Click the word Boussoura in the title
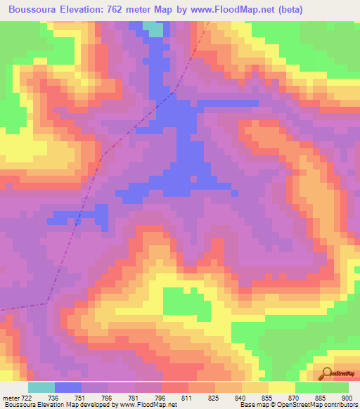click(x=34, y=8)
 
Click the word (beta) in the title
click(x=334, y=8)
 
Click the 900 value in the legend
click(x=346, y=397)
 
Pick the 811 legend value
click(x=186, y=397)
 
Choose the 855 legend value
click(x=266, y=397)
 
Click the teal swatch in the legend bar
click(x=41, y=387)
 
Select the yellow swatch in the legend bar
click(x=281, y=387)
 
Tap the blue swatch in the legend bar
click(x=68, y=387)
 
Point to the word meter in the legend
click(x=11, y=397)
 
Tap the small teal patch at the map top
click(x=153, y=27)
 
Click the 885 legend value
click(x=319, y=397)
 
